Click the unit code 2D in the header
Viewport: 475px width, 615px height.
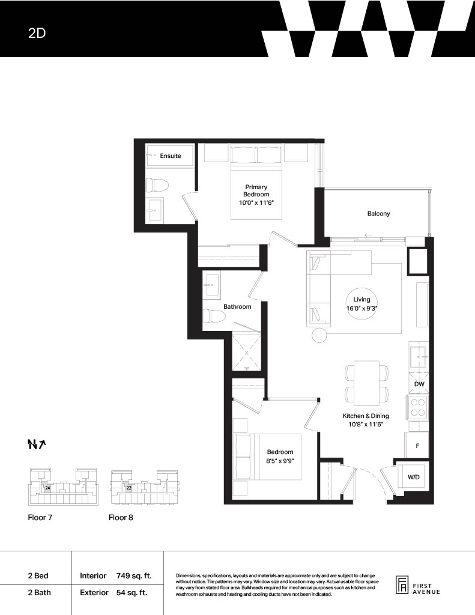[x=37, y=33]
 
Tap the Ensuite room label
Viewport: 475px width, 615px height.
[x=170, y=156]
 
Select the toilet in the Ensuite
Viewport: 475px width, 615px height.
[x=157, y=185]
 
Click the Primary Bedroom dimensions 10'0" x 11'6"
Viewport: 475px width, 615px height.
[x=256, y=203]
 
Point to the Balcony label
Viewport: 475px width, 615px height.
[x=378, y=213]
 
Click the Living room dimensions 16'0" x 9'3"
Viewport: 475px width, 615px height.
[x=362, y=308]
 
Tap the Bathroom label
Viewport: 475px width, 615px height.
[x=237, y=306]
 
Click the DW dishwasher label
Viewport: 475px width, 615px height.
[x=419, y=384]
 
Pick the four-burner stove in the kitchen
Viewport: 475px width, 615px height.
[x=418, y=407]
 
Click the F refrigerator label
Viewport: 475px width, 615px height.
[x=417, y=446]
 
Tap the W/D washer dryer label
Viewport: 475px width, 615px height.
[x=413, y=477]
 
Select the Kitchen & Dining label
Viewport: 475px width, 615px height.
[x=366, y=416]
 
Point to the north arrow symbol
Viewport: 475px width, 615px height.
[x=37, y=444]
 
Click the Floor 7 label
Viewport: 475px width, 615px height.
[x=40, y=517]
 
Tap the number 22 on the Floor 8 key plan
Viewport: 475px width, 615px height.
[x=129, y=488]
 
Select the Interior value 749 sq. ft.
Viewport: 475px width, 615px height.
[x=134, y=576]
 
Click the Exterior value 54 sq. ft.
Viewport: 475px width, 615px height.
[x=132, y=592]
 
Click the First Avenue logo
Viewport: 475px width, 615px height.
[x=417, y=586]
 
